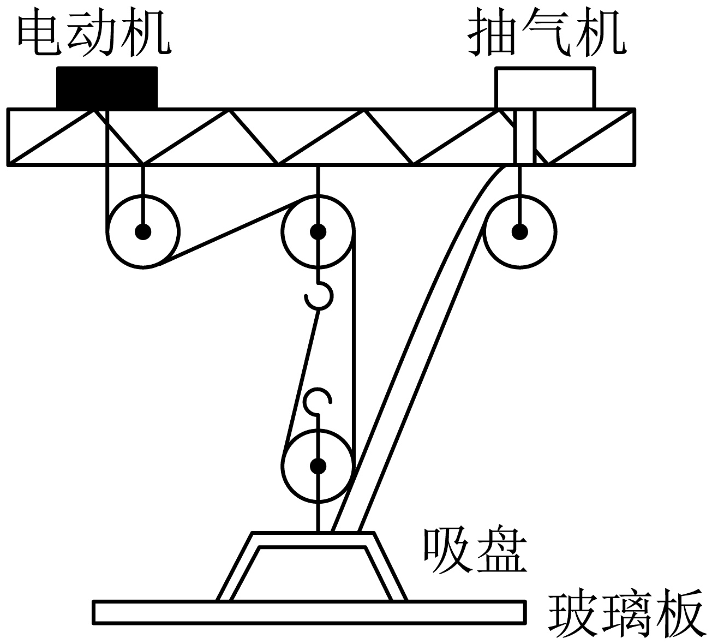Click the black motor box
tap(107, 87)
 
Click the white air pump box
tap(545, 88)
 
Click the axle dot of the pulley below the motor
tap(143, 232)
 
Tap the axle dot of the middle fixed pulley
tap(318, 232)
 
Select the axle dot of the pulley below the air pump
tap(520, 232)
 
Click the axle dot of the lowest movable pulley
tap(318, 466)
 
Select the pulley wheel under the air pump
tap(520, 195)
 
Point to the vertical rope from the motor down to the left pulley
tap(107, 170)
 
